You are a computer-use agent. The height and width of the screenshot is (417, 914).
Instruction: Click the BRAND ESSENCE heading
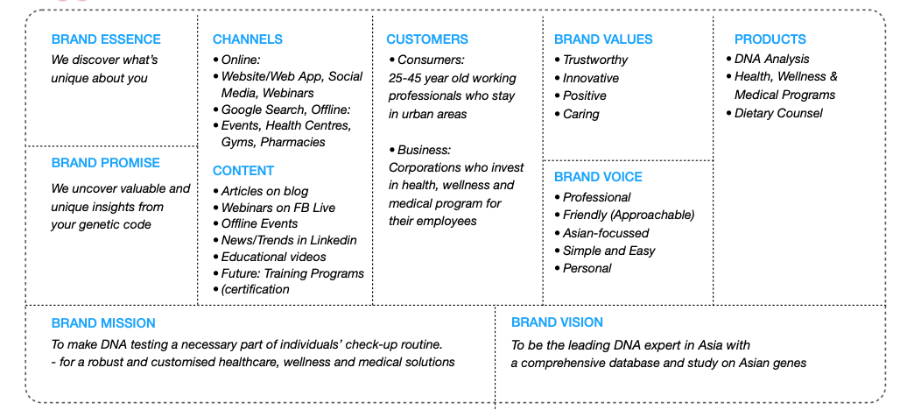tap(106, 39)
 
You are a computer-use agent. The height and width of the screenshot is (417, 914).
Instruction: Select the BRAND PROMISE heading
tap(106, 163)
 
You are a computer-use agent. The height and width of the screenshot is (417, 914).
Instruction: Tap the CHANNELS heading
tap(248, 39)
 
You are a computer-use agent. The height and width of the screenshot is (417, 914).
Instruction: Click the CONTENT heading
tap(243, 171)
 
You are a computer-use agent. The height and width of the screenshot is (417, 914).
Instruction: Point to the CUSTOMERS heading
tap(427, 39)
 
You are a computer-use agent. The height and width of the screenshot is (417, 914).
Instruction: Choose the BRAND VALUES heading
tap(603, 39)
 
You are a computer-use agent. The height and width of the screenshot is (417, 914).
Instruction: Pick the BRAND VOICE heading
tap(598, 177)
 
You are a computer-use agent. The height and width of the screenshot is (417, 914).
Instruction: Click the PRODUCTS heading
tap(770, 39)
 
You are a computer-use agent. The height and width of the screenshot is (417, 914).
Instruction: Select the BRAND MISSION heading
tap(103, 323)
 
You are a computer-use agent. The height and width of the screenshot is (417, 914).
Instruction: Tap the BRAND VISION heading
tap(557, 322)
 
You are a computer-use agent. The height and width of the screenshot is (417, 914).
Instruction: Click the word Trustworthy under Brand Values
tap(595, 60)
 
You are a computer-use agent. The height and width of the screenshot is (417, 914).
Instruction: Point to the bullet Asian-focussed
tap(606, 233)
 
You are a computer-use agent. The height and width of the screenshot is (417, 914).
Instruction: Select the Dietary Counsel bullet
tap(779, 113)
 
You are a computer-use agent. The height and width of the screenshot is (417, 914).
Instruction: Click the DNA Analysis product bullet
tap(771, 59)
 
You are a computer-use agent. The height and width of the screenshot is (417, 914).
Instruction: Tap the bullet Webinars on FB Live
tap(278, 208)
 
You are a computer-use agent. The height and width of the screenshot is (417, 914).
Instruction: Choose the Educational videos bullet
tap(273, 257)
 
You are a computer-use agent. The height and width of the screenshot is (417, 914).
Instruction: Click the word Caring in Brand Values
tap(581, 114)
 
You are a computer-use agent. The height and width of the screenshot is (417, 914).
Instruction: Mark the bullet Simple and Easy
tap(609, 251)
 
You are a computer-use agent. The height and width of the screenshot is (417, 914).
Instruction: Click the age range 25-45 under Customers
tap(407, 78)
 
